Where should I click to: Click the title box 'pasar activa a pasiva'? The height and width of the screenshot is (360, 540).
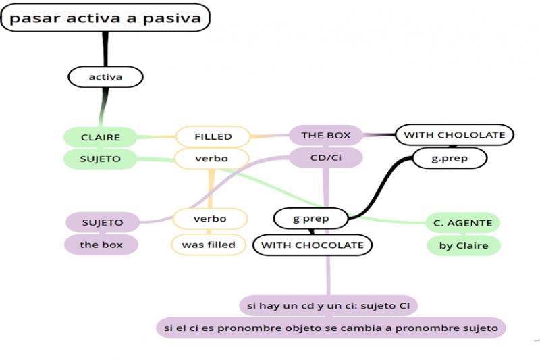tap(105, 18)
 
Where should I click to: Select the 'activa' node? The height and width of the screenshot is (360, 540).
tap(105, 77)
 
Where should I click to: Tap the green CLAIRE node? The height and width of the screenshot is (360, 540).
tap(100, 137)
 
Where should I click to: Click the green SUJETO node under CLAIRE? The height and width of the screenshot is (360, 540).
tap(100, 159)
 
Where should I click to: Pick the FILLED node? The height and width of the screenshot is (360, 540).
tap(213, 136)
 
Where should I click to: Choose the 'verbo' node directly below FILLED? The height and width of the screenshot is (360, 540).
tap(211, 159)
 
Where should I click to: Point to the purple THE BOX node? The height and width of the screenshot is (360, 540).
tap(326, 135)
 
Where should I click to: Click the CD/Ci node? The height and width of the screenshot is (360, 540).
tap(326, 157)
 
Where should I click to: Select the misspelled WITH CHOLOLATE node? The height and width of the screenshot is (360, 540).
tap(454, 134)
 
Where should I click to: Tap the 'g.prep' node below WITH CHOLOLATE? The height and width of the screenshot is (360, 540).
tap(450, 158)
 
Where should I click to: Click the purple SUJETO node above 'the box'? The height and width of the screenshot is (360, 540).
tap(103, 222)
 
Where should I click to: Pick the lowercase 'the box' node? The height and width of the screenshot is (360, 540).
tap(101, 245)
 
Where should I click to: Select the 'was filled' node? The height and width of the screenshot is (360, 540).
tap(209, 245)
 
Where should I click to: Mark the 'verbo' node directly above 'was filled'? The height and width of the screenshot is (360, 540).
tap(210, 219)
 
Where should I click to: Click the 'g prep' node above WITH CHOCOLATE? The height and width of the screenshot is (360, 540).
tap(310, 218)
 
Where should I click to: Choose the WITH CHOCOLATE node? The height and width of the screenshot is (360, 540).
tap(313, 245)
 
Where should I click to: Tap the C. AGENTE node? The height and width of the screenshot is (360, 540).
tap(463, 223)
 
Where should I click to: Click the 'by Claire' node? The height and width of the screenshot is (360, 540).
tap(464, 245)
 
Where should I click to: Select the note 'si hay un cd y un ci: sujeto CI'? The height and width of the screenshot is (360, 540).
tap(328, 305)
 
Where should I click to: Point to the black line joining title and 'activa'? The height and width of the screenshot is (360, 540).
tap(105, 49)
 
